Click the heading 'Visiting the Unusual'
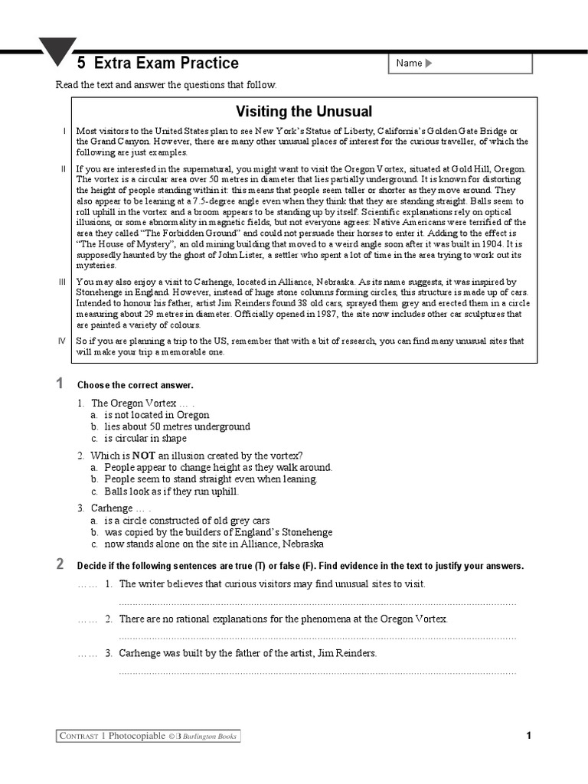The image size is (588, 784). coord(304,112)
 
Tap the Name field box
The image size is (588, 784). coord(460,64)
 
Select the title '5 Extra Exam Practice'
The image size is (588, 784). coord(158,64)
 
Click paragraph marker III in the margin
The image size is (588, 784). coord(63,283)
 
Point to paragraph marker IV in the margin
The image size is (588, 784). coord(63,341)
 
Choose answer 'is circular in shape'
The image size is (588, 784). coord(145,439)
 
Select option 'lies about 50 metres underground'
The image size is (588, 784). coord(177,426)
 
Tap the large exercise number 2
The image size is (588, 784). coord(60,565)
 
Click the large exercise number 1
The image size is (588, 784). coord(60,384)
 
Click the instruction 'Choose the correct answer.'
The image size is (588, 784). coord(136,385)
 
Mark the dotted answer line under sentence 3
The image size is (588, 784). coord(317,672)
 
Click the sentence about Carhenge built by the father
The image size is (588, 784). coord(247,653)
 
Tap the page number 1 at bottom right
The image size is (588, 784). coord(528,736)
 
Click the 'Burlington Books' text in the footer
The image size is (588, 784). coord(209,737)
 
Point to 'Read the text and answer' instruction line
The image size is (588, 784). coord(166,84)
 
